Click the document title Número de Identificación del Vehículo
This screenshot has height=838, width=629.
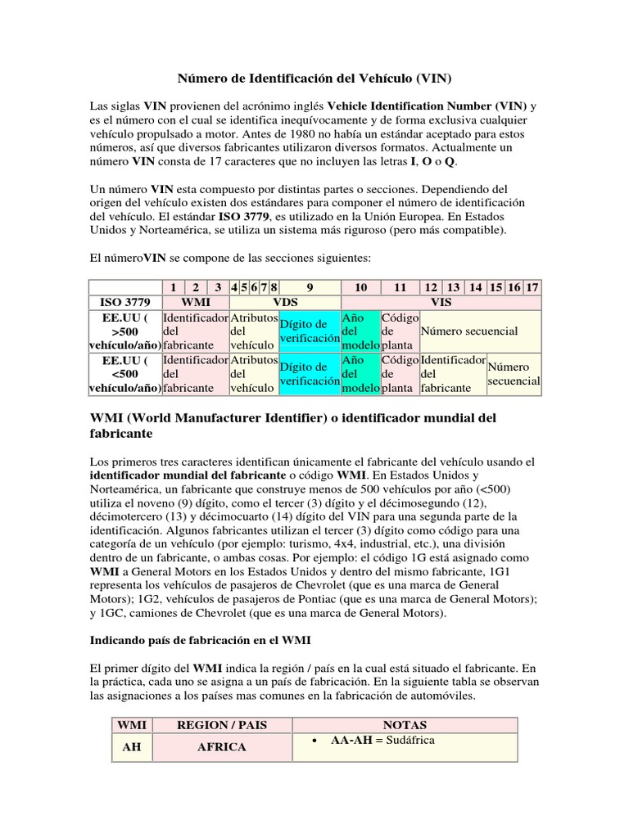pos(314,79)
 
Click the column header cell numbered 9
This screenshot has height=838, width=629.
pos(309,287)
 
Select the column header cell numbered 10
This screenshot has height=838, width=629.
pos(360,287)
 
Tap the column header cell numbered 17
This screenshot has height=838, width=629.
pos(532,287)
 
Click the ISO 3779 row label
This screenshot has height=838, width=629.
pos(125,302)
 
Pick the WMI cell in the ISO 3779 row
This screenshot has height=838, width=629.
pos(196,302)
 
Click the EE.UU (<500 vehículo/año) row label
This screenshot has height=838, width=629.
pos(125,374)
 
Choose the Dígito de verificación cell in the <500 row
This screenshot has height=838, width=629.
pos(309,374)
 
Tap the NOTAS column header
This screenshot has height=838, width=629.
pos(405,725)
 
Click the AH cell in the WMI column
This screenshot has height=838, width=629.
pos(131,747)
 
